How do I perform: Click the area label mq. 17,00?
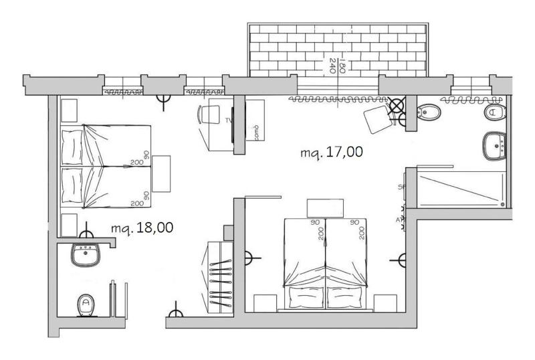pos(332,153)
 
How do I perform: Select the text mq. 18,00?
pos(142,228)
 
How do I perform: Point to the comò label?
pos(255,131)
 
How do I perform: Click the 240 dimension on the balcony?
pos(332,64)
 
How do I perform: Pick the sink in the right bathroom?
pos(496,145)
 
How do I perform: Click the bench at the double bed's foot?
pos(325,208)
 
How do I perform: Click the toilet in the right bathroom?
pos(494,112)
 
